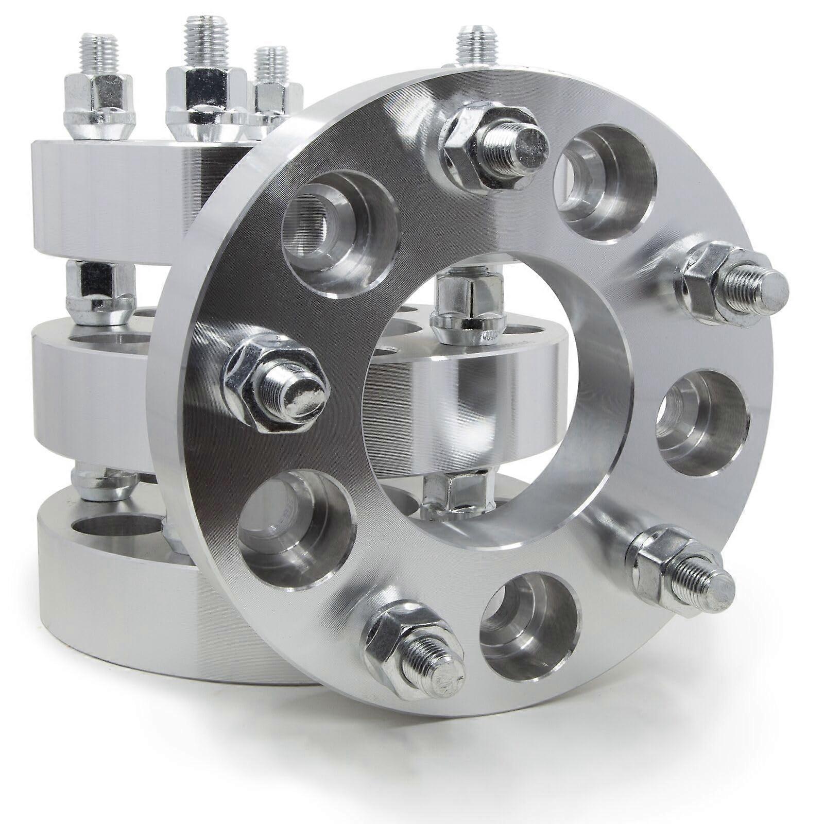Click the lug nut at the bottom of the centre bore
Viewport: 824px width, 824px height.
[x=453, y=489]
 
